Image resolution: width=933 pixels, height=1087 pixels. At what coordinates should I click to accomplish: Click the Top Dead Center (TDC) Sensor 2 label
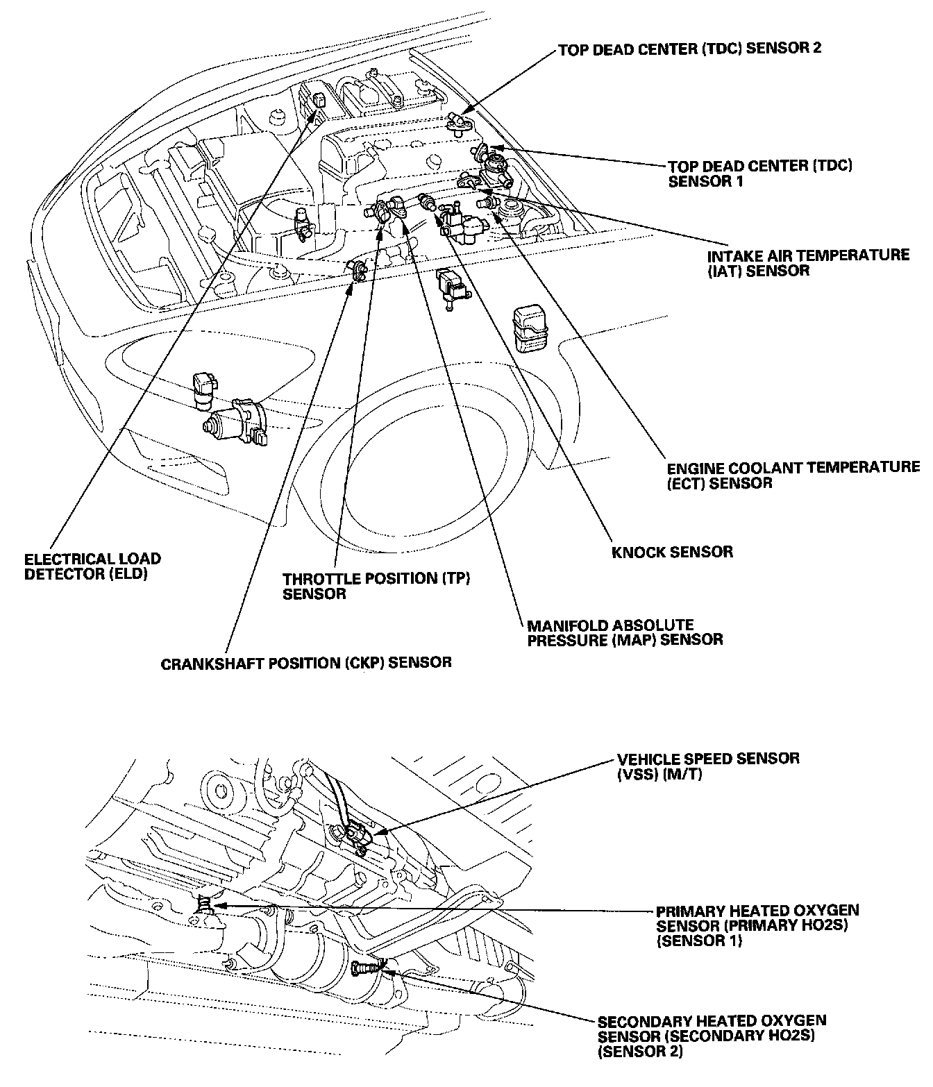click(690, 49)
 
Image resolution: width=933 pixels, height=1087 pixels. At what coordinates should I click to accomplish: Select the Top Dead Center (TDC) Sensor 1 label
click(759, 174)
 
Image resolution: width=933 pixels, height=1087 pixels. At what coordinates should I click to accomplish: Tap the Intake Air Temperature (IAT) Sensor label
click(807, 262)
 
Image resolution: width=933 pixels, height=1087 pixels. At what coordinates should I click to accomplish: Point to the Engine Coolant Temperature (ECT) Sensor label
click(793, 475)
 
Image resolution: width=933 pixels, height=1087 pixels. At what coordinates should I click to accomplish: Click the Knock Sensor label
click(672, 553)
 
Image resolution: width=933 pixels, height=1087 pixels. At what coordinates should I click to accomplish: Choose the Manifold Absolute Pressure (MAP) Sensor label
click(625, 632)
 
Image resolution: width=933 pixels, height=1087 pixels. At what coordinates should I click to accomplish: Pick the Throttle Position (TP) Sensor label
click(376, 586)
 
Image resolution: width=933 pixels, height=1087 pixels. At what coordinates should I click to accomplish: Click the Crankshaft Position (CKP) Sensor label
click(306, 663)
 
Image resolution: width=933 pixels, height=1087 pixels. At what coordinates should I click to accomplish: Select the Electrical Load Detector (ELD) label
click(92, 566)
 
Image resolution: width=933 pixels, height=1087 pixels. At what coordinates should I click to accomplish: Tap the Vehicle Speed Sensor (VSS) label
click(707, 766)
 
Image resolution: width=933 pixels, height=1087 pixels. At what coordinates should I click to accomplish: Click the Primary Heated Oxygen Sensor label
click(757, 925)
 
